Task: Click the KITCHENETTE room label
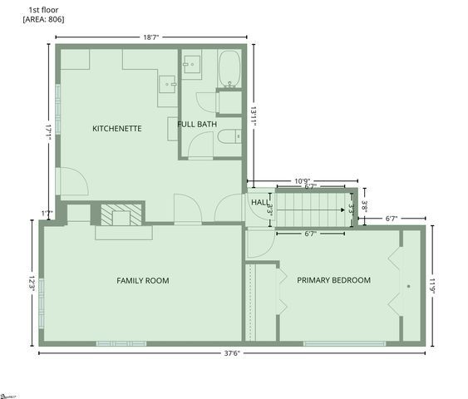click(116, 129)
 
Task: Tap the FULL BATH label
click(197, 124)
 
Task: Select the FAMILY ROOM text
click(142, 281)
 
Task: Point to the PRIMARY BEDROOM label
click(333, 280)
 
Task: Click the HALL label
click(259, 201)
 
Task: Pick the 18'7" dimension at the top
click(152, 37)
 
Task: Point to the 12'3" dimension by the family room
click(32, 283)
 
